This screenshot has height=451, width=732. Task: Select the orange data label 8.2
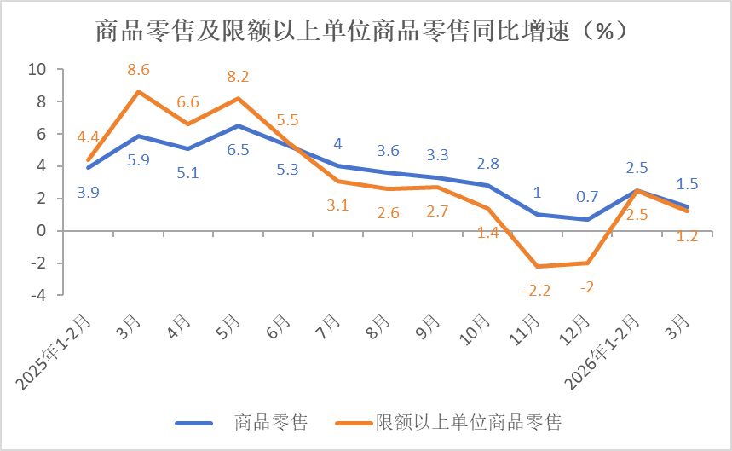(x=238, y=78)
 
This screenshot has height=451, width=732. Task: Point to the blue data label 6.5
(x=238, y=150)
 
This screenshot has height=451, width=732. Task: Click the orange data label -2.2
(x=537, y=290)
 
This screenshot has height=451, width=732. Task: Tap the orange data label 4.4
(x=89, y=136)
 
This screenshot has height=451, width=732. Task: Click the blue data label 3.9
(x=89, y=192)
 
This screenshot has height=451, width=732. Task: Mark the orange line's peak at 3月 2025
(x=139, y=91)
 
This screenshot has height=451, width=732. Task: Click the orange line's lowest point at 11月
(x=537, y=266)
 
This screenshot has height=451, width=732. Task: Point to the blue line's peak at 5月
(x=238, y=125)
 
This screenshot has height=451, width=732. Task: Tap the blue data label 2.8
(x=488, y=163)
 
